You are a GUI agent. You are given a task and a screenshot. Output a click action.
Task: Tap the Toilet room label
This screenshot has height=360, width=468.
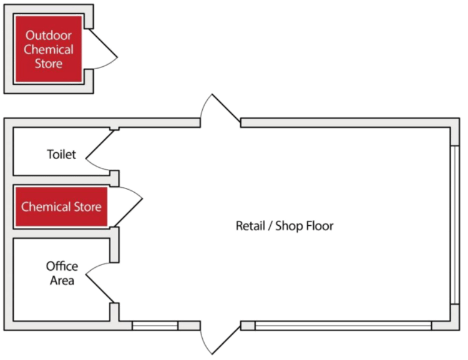(61, 154)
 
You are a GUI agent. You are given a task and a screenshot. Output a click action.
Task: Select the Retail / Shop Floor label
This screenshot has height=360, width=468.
(284, 226)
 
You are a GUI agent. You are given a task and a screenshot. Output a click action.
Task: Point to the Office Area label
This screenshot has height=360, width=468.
(62, 273)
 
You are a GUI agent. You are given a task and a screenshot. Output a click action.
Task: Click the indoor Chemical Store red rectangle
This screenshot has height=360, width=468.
(61, 207)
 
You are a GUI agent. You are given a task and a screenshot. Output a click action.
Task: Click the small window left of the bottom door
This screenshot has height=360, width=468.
(155, 325)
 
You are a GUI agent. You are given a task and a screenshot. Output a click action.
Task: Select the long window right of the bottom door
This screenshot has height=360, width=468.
(342, 325)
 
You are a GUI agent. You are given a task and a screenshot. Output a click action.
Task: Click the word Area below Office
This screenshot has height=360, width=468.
(62, 281)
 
